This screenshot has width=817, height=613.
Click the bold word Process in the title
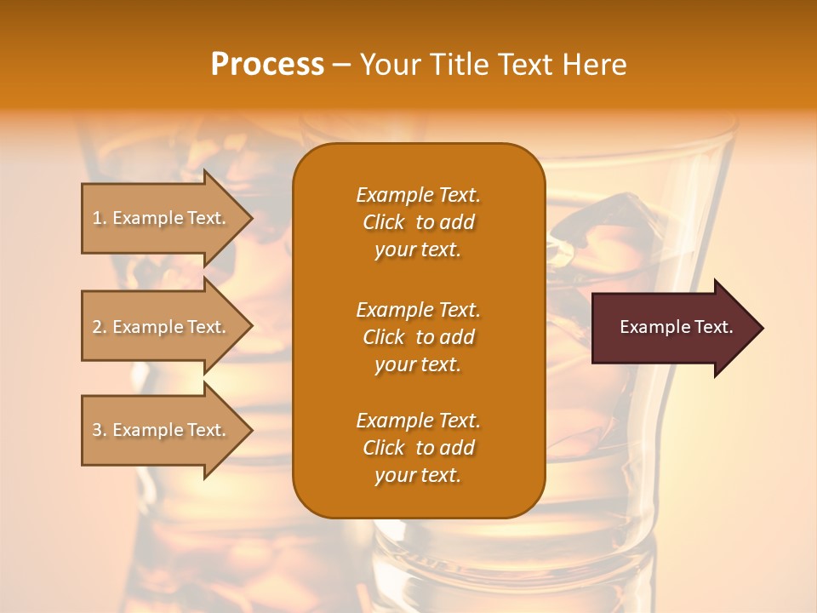(x=267, y=65)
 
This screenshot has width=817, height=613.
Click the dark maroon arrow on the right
(x=677, y=328)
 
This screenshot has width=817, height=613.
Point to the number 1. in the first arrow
(x=100, y=218)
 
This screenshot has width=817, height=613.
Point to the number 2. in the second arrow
(x=100, y=327)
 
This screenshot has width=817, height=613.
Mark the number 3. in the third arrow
(x=100, y=430)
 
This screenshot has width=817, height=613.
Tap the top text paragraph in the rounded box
(x=418, y=222)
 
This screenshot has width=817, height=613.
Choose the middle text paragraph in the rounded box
(x=418, y=336)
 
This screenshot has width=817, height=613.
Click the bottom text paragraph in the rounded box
(x=418, y=448)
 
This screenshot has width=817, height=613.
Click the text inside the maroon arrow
(x=677, y=327)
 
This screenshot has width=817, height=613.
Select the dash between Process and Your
(x=341, y=65)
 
